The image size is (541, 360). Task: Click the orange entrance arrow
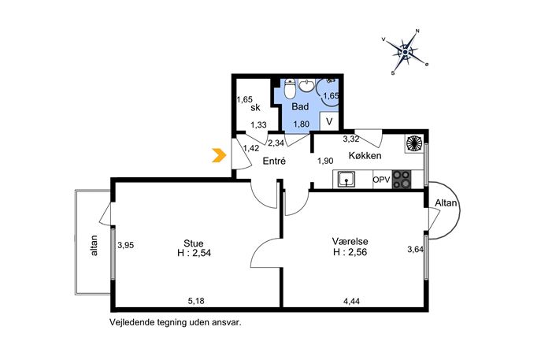[x=220, y=155]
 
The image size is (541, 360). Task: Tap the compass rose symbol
[x=405, y=52]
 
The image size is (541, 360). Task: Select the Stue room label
[x=194, y=243]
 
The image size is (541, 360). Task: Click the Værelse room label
[x=350, y=241]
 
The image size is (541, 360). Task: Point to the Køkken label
[x=365, y=155]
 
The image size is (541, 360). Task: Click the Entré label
[x=274, y=161]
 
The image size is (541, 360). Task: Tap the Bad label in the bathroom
[x=300, y=106]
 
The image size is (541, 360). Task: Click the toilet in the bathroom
[x=290, y=89]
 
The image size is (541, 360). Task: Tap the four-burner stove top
[x=402, y=180]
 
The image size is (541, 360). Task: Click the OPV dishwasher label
[x=382, y=180]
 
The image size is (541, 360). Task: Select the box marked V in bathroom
[x=329, y=121]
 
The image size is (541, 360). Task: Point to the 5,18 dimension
[x=196, y=301]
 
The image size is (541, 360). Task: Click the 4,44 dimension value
[x=351, y=302]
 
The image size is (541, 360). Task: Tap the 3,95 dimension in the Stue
[x=125, y=245]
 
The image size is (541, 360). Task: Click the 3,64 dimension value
[x=416, y=249]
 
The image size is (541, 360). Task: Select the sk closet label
[x=256, y=108]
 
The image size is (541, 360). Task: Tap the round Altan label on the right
[x=446, y=203]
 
